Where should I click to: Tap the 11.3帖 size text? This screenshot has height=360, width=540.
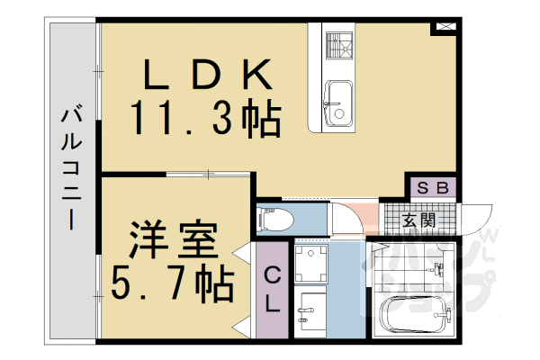[205, 117]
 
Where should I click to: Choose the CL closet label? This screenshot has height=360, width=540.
[273, 291]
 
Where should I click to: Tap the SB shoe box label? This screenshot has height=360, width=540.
[434, 188]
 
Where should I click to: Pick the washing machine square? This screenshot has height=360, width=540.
[311, 263]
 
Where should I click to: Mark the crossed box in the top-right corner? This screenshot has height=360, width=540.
[444, 27]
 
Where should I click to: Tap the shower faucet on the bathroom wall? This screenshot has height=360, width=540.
[439, 268]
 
